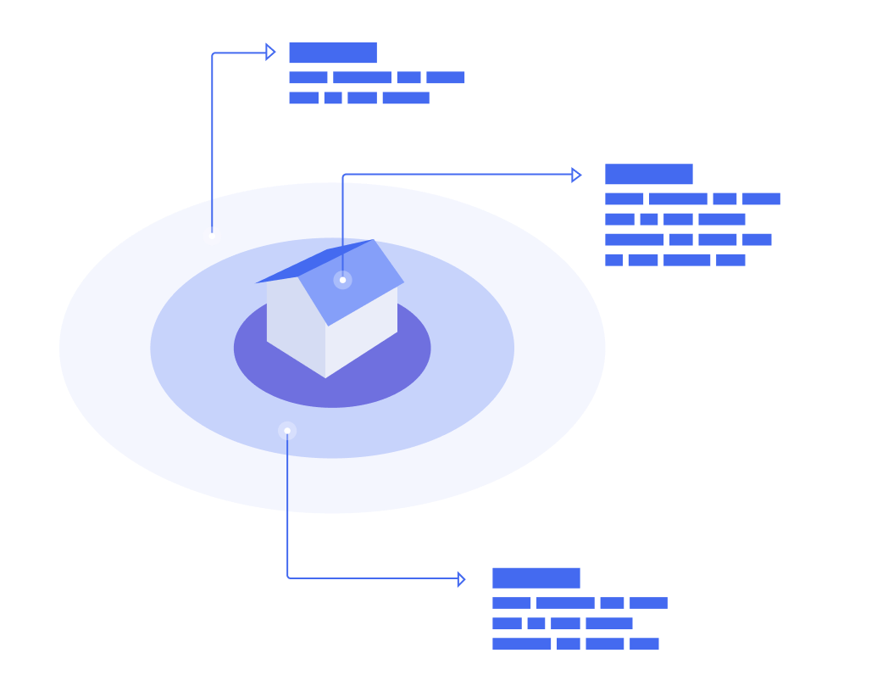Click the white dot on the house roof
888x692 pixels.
342,280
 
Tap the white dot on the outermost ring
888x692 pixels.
212,236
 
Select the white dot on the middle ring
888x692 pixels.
287,431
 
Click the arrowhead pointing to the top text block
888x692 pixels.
270,53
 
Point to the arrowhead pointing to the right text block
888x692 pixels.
576,175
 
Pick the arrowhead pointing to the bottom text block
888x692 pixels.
461,579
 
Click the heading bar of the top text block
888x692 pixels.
333,53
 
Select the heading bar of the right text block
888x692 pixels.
649,175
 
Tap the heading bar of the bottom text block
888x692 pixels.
536,578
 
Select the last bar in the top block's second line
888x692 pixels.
406,98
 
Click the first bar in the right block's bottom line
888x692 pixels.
613,260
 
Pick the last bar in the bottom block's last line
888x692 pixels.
644,645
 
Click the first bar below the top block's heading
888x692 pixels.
308,78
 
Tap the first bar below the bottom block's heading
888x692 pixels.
512,603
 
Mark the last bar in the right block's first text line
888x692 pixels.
761,199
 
